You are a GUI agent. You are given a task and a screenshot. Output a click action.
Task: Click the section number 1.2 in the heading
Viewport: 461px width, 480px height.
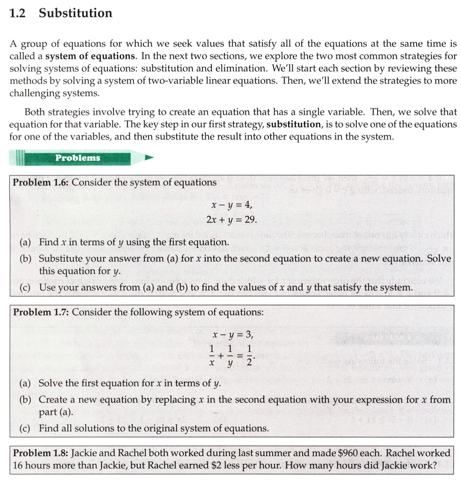(x=17, y=13)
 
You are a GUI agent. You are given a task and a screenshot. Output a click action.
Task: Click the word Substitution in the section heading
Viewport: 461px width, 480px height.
(x=75, y=13)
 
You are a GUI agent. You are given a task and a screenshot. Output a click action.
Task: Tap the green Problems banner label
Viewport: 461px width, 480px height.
(x=77, y=158)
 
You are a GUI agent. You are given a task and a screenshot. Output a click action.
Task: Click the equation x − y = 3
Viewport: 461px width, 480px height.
(x=231, y=335)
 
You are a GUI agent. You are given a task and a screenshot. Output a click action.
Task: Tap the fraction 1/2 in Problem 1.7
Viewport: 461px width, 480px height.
(x=249, y=356)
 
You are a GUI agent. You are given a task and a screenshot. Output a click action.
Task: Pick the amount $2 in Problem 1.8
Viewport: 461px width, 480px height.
(x=217, y=466)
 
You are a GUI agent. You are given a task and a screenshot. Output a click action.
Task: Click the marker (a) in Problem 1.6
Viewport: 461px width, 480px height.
(x=25, y=242)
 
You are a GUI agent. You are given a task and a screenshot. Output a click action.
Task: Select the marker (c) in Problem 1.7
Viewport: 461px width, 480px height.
(x=25, y=428)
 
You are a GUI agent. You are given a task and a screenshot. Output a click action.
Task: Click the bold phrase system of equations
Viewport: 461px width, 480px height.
(x=89, y=56)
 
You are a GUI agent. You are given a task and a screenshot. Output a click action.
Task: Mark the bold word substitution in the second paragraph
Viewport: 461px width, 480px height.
(x=293, y=124)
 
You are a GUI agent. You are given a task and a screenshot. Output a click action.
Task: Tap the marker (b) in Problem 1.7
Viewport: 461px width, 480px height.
(x=25, y=400)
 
